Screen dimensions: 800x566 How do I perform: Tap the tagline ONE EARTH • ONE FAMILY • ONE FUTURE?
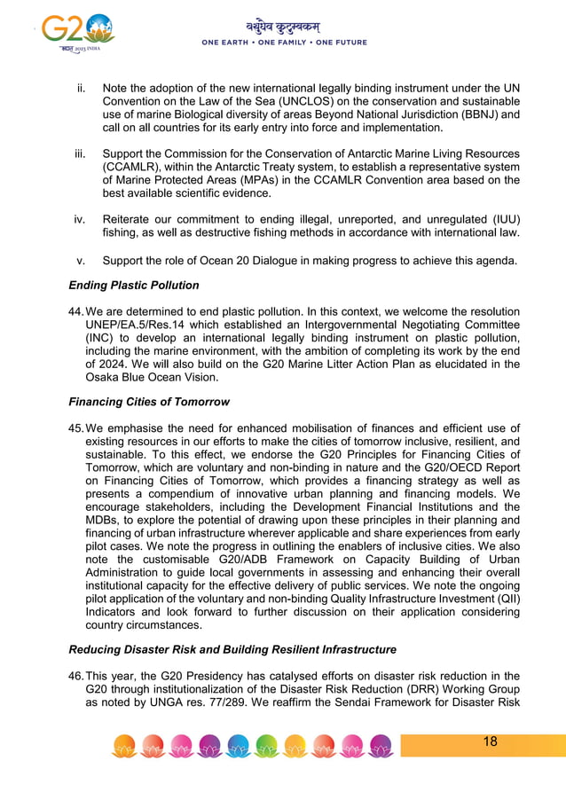[284, 43]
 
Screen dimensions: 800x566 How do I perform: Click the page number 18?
[490, 741]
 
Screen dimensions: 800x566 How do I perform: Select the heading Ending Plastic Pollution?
[134, 286]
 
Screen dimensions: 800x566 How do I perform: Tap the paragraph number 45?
[75, 428]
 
